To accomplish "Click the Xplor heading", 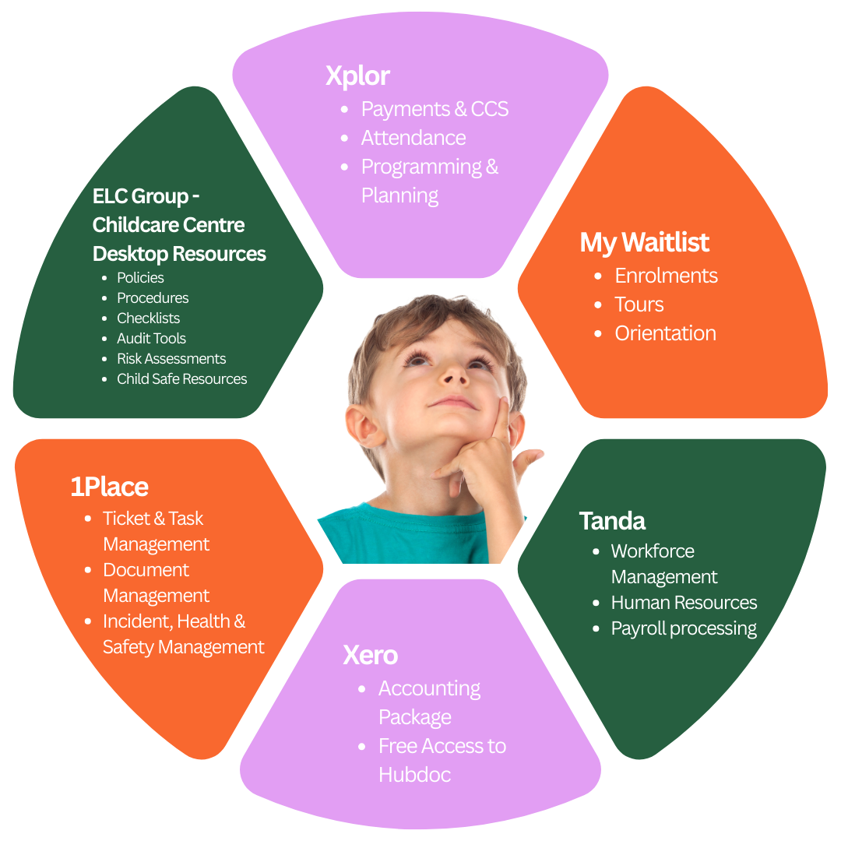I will (357, 76).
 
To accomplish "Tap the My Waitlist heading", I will (644, 242).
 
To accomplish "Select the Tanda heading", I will (612, 520).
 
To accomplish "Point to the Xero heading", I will (370, 655).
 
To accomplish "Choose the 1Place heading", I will (109, 487).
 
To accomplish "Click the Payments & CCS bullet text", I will (435, 109).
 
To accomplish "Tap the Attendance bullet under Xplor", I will (413, 138).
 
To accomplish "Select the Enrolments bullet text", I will (666, 276).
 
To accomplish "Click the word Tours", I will (639, 304).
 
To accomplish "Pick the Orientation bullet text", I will (665, 333).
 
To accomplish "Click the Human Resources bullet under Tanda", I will (684, 603).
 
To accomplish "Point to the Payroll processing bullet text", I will (684, 628).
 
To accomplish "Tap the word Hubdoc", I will (414, 775).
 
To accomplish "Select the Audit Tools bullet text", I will (151, 339).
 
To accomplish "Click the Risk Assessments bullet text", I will (171, 359).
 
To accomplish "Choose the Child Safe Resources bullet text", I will (181, 379).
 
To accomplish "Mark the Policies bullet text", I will (140, 278).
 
